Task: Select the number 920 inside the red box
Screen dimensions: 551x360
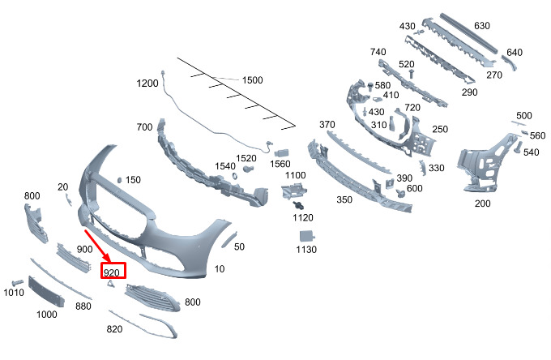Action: coord(113,272)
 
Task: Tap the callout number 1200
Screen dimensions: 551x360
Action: coord(147,84)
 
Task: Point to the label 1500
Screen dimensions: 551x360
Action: coord(252,80)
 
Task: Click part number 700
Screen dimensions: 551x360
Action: coord(145,128)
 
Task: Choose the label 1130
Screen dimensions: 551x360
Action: coord(306,250)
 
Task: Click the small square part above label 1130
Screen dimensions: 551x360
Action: coord(306,234)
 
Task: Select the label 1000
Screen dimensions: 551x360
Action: coord(47,314)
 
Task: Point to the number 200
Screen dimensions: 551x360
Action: coord(482,204)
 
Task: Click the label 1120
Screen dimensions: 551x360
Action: coord(303,217)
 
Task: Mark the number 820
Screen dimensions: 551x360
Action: coord(115,329)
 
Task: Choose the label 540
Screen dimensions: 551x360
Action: coord(531,152)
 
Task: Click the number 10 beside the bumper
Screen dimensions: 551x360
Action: coord(219,268)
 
